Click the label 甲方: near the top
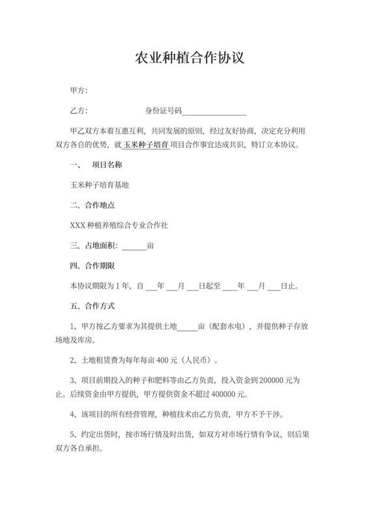[x=78, y=90]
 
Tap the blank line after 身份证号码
[x=218, y=111]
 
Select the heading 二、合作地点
[x=93, y=205]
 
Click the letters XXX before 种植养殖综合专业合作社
[x=77, y=225]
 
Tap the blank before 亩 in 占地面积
[x=134, y=246]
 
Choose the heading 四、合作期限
[x=93, y=266]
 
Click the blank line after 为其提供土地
[x=187, y=326]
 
